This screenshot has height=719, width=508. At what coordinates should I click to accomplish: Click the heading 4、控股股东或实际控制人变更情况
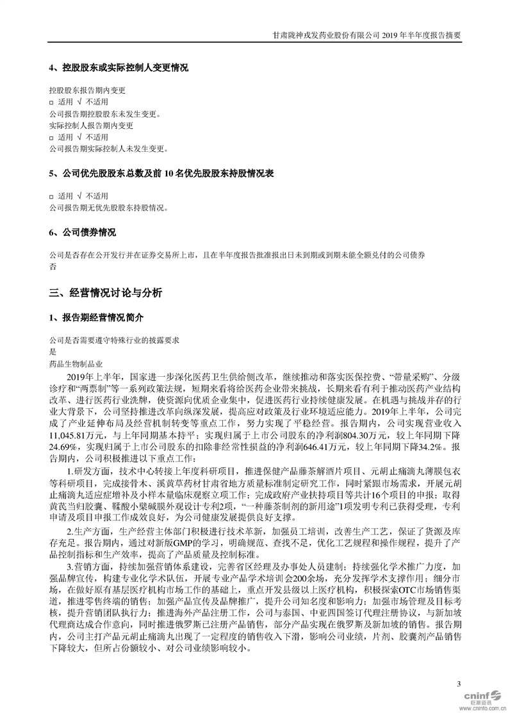point(119,67)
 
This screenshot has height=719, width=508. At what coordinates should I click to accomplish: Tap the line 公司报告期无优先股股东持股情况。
point(108,208)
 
